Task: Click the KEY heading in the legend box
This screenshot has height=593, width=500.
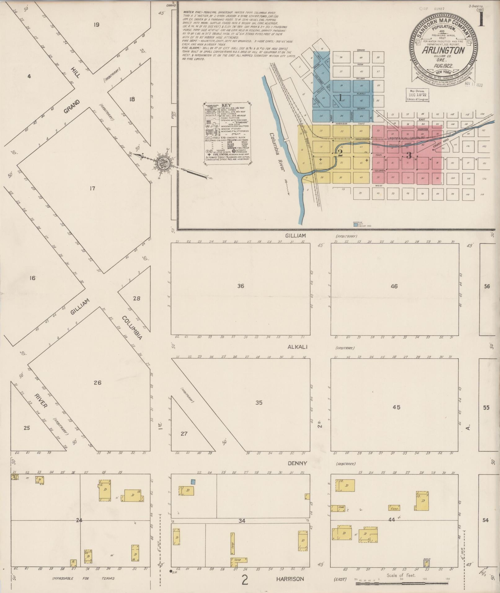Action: (x=228, y=105)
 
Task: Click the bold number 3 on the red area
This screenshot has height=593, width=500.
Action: (x=409, y=155)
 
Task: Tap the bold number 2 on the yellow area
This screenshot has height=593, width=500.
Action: (x=340, y=153)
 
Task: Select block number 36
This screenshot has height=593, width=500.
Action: (x=241, y=286)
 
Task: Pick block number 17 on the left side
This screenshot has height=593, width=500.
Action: (x=92, y=188)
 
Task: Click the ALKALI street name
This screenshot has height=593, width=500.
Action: (x=297, y=347)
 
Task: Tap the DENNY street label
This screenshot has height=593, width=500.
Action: (x=297, y=463)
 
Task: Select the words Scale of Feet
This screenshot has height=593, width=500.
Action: (x=401, y=575)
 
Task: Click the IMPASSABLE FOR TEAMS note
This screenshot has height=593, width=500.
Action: (x=83, y=578)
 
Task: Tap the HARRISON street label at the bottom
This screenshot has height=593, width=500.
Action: (x=290, y=579)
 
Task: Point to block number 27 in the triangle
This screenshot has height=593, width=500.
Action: (x=184, y=433)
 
